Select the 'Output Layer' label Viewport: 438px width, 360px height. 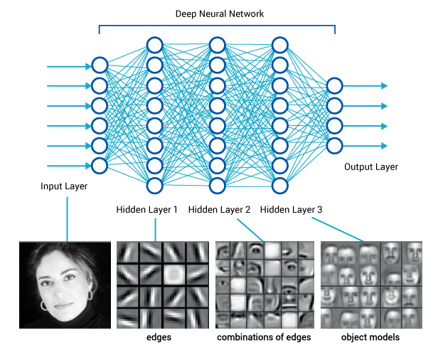pos(371,167)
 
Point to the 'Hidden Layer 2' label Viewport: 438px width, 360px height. pos(220,210)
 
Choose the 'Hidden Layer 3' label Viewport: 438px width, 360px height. pos(291,210)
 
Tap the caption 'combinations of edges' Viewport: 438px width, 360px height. pos(264,337)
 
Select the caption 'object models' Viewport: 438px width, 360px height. pos(370,337)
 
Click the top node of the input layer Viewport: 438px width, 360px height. pos(100,66)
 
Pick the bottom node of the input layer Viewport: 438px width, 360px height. pos(100,166)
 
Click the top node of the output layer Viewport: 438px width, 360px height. pos(334,86)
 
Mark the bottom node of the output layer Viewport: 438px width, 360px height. pos(334,146)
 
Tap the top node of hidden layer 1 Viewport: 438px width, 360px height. pos(156,46)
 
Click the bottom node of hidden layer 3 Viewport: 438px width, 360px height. pos(279,186)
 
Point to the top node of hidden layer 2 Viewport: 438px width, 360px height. pos(218,46)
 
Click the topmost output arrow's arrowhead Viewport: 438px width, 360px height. pos(384,86)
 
